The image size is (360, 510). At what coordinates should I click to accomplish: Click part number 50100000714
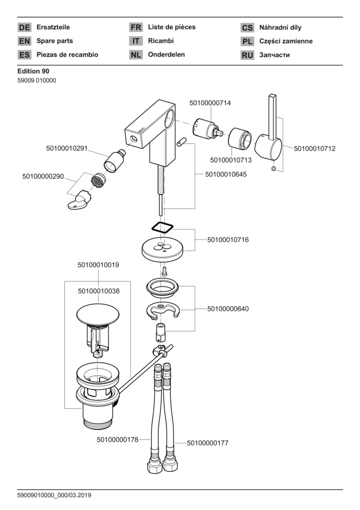(210, 102)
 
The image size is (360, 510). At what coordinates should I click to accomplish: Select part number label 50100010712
(315, 148)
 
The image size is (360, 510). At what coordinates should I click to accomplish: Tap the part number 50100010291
(67, 148)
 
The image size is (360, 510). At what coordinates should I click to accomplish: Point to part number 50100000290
(43, 176)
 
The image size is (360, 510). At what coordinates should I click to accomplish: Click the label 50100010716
(228, 240)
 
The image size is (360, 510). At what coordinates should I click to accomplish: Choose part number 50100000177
(208, 443)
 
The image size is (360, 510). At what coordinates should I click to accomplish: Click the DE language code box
(25, 28)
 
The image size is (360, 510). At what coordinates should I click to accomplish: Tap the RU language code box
(247, 55)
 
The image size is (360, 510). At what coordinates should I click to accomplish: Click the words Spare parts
(55, 41)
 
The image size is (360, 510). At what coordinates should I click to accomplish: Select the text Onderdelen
(167, 54)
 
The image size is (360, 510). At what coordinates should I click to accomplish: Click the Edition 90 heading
(33, 71)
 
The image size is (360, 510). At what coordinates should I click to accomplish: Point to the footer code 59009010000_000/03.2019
(54, 495)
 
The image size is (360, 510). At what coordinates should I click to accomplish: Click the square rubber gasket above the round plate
(163, 226)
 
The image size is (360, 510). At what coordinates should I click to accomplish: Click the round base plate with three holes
(162, 247)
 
